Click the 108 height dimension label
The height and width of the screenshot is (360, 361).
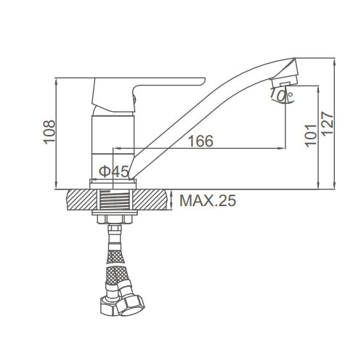tap(49, 132)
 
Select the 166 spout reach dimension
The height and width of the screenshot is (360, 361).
tap(200, 141)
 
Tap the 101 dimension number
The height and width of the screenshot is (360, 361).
tap(311, 136)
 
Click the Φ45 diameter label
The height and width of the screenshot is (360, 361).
tap(114, 171)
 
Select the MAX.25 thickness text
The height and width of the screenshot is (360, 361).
tap(208, 200)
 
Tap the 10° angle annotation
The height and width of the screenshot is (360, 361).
tap(280, 95)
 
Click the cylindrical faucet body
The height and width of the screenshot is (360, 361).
tap(113, 147)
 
